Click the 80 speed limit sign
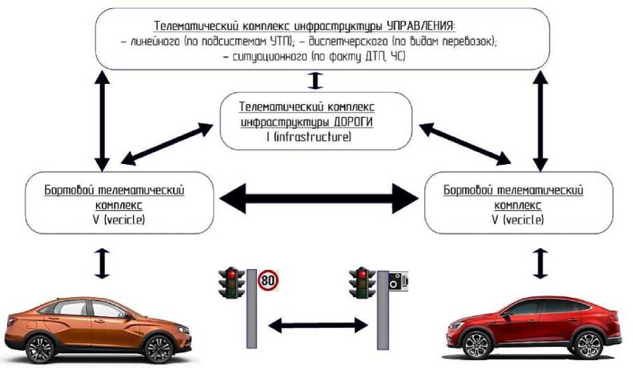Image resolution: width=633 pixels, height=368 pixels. tap(267, 281)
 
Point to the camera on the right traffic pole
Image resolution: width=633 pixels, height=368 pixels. tap(396, 282)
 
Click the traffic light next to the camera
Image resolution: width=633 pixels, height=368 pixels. tap(362, 282)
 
